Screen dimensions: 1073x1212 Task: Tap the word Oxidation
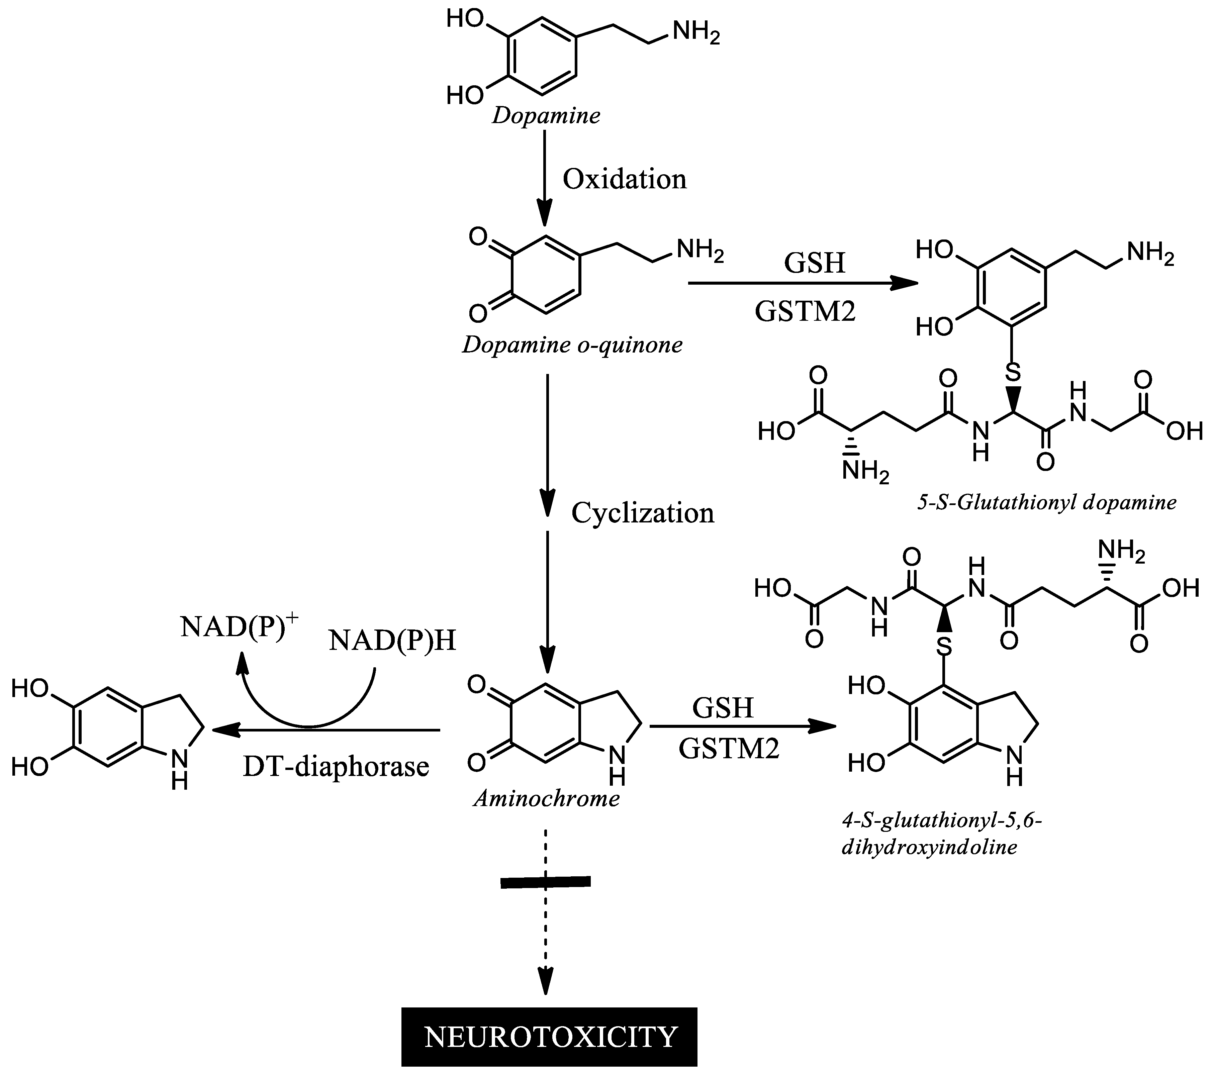coord(624,179)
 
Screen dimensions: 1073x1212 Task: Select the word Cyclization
coord(643,513)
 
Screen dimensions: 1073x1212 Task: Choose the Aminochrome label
coord(546,798)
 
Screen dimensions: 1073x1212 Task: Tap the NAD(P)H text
coord(392,640)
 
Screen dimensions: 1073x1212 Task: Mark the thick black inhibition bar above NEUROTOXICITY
coord(546,882)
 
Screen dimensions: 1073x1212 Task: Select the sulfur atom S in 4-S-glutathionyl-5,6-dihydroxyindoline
coord(945,646)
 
